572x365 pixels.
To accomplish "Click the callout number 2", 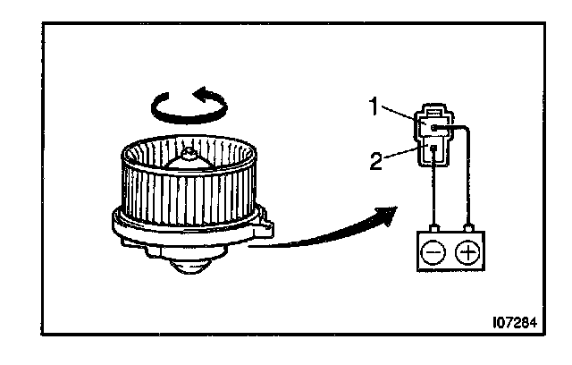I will tap(377, 162).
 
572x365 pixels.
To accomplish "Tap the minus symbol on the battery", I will tap(433, 251).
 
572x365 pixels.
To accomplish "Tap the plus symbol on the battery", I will tap(467, 251).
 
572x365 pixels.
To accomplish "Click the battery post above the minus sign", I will tap(433, 228).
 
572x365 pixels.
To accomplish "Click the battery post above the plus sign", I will tap(467, 228).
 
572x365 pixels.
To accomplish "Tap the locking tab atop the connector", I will tap(432, 113).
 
